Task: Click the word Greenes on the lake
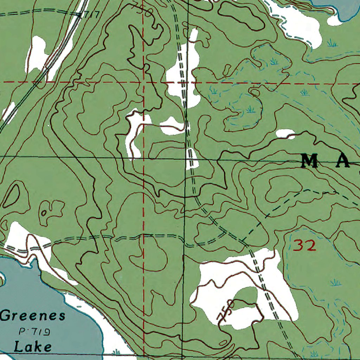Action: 33,315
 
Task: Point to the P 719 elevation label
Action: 34,332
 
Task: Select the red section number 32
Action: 304,245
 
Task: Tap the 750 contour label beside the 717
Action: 143,9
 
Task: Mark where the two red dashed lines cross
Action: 143,82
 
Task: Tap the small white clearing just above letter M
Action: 285,134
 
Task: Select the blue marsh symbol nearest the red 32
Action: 335,282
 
